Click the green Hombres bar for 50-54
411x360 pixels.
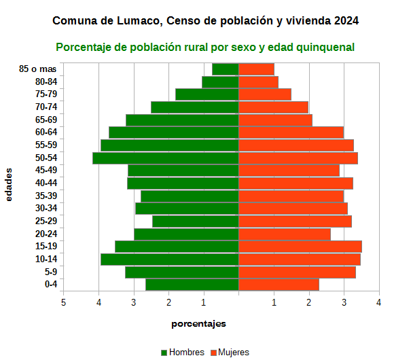[x=166, y=158]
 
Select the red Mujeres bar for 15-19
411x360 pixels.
[x=300, y=247]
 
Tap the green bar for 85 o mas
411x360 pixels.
[x=226, y=69]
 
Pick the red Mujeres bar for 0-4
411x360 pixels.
[x=279, y=285]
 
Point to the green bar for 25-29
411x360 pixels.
[x=196, y=221]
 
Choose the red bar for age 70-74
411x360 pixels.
[x=273, y=107]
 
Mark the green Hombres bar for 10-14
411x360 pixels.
[x=170, y=259]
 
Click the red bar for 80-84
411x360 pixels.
[x=258, y=82]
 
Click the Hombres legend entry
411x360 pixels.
[x=181, y=353]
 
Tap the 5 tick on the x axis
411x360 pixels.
[x=64, y=302]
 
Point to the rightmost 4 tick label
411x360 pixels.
[x=379, y=302]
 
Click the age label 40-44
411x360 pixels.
[x=46, y=183]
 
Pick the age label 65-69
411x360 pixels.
[x=46, y=120]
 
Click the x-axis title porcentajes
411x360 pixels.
[x=198, y=323]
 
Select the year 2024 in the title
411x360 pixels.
[x=346, y=21]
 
